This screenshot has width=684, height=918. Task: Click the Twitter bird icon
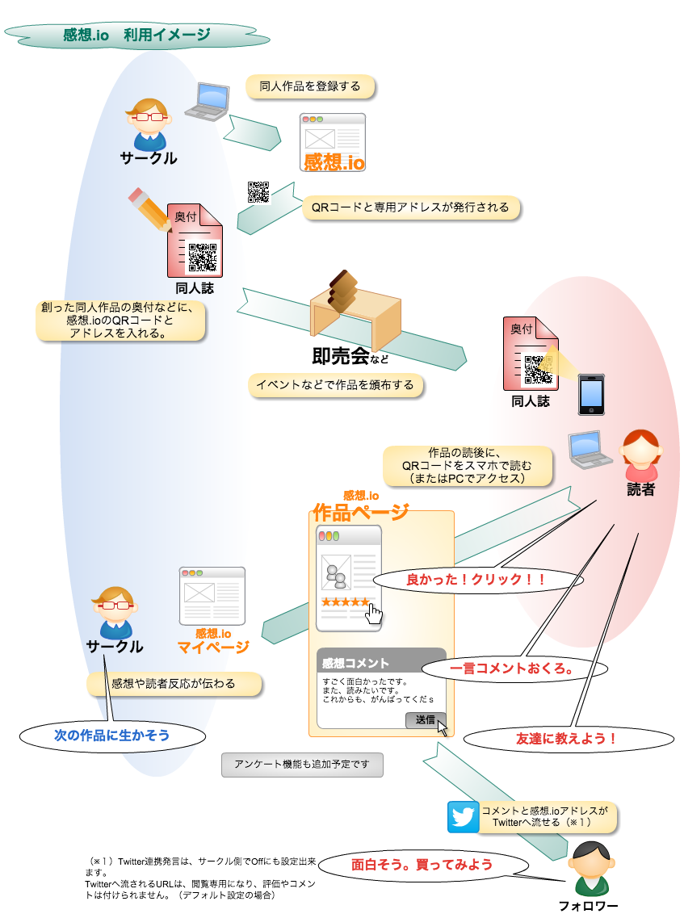464,816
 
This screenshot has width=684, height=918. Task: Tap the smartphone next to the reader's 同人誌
591,394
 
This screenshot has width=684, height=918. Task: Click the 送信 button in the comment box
424,719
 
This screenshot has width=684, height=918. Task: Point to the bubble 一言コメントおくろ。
511,669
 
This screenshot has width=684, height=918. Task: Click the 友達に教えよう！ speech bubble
566,738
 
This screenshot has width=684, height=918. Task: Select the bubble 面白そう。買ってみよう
422,864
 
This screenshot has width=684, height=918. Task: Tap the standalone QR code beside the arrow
258,191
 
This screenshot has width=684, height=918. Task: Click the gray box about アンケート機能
302,764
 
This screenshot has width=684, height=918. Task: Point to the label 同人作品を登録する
310,86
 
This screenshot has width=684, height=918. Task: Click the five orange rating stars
345,602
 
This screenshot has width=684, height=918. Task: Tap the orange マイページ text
212,647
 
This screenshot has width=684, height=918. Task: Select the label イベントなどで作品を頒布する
335,385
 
